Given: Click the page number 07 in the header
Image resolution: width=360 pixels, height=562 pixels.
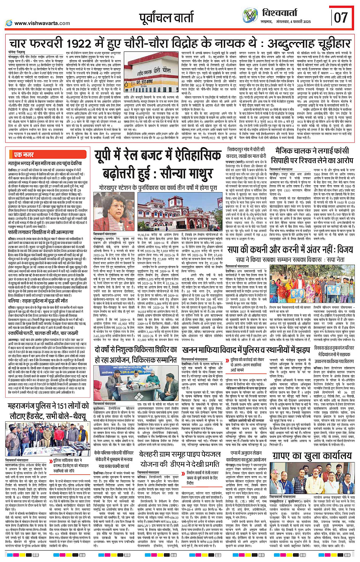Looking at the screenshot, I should click(x=341, y=17).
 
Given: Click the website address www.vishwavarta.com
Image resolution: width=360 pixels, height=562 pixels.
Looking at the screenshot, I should click(x=42, y=23).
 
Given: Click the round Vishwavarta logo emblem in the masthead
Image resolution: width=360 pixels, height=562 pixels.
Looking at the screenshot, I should click(x=250, y=16).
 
